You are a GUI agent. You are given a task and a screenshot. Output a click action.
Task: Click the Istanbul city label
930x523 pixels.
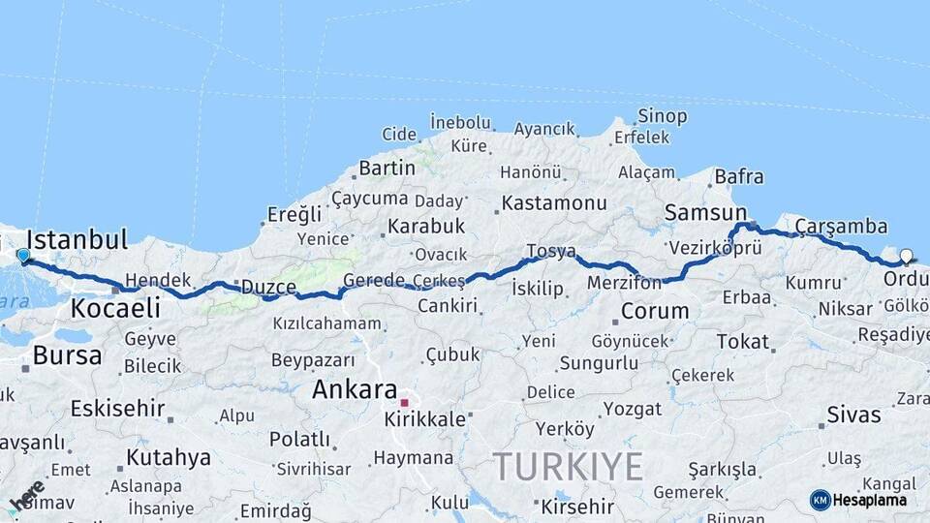(77, 239)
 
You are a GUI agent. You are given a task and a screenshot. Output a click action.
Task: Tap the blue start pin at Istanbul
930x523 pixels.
(23, 256)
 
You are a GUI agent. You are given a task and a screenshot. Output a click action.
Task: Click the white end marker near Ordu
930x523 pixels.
(906, 257)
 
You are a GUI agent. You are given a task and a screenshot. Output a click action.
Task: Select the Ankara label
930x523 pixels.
(355, 390)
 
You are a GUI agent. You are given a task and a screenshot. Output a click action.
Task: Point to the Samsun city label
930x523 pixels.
(705, 213)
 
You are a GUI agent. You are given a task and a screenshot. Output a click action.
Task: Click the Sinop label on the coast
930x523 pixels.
(663, 116)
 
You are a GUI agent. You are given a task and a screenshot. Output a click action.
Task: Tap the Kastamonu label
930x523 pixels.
(555, 203)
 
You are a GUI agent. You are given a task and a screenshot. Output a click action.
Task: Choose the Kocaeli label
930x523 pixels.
(115, 309)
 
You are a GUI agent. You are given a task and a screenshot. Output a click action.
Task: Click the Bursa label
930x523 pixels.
(67, 355)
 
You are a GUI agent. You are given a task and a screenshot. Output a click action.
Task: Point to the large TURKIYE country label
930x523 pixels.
(568, 468)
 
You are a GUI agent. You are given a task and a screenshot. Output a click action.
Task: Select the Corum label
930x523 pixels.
(655, 312)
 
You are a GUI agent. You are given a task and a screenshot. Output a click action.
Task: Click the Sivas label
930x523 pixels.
(853, 415)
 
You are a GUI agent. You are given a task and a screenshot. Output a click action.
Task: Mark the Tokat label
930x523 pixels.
(743, 342)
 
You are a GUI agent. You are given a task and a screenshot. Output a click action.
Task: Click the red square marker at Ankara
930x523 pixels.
(405, 401)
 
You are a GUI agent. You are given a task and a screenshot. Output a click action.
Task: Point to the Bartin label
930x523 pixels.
(387, 169)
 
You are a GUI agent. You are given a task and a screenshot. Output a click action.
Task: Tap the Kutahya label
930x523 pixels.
(168, 457)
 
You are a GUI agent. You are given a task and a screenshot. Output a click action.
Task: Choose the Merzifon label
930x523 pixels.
(624, 283)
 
